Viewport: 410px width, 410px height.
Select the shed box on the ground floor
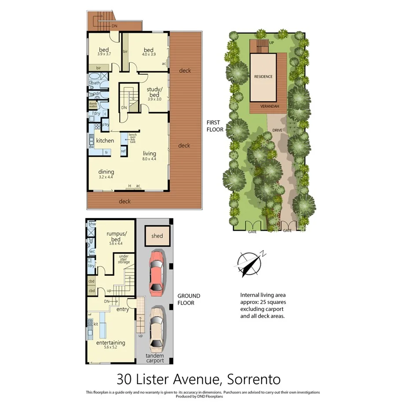(x=157, y=236)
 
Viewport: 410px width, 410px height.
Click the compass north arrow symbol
(x=249, y=263)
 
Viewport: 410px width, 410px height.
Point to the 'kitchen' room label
(x=105, y=141)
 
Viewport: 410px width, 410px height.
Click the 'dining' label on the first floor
(x=106, y=172)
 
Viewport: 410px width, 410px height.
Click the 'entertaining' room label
(x=111, y=343)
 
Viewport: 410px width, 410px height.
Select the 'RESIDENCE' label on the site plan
(x=263, y=77)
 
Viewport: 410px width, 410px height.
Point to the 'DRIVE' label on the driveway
(x=277, y=131)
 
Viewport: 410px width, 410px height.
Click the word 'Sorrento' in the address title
(x=254, y=379)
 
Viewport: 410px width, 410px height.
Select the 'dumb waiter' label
(x=93, y=105)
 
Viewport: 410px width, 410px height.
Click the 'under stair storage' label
(x=124, y=260)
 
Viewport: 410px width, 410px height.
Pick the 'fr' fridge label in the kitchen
(x=106, y=152)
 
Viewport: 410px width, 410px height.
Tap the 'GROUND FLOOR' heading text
(x=189, y=299)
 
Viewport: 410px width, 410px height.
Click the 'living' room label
(x=149, y=153)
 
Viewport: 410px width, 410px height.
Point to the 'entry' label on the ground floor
(x=122, y=310)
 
